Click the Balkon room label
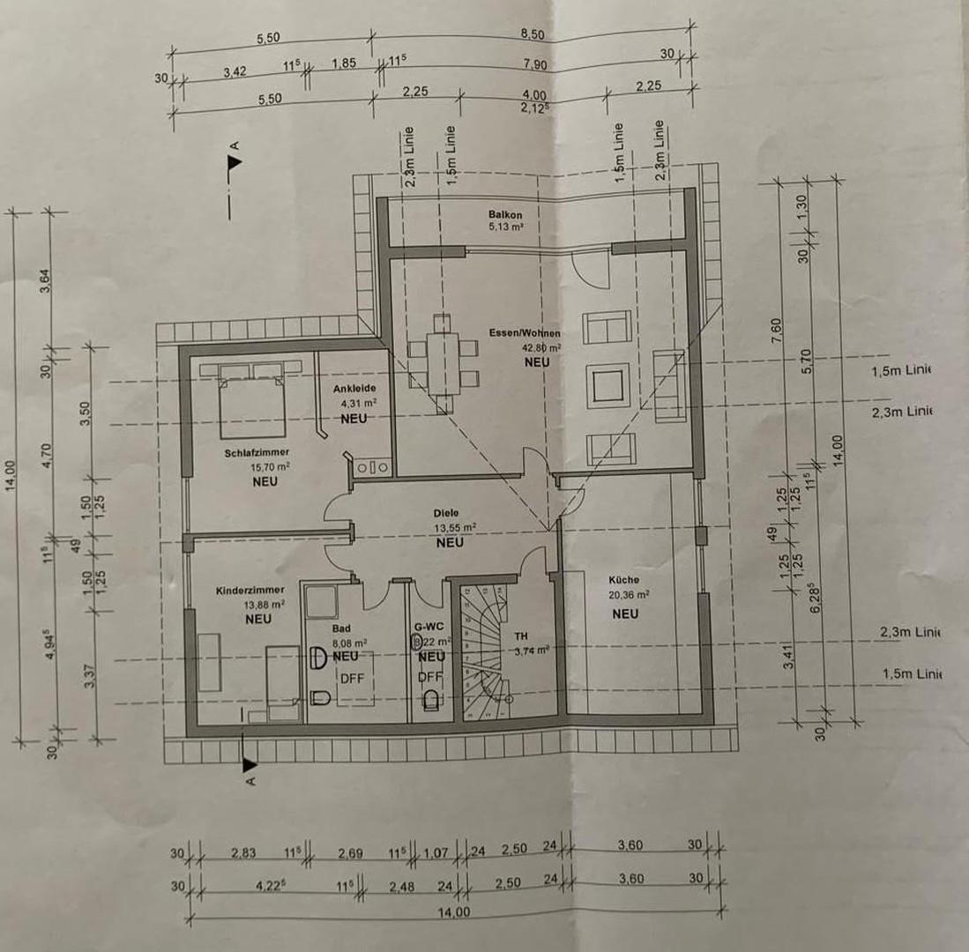click(x=506, y=214)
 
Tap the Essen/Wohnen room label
click(x=525, y=334)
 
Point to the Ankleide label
click(x=355, y=389)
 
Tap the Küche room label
click(x=623, y=580)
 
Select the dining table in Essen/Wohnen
click(x=442, y=362)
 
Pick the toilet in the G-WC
click(x=431, y=699)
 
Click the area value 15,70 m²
click(x=265, y=467)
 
